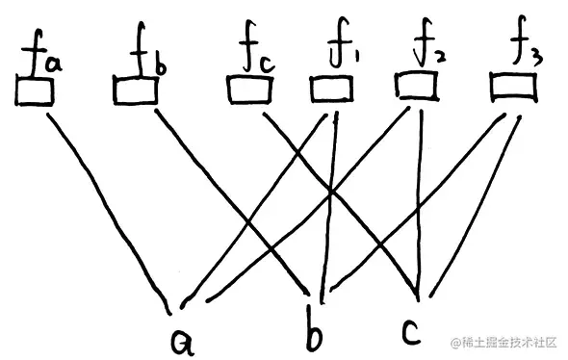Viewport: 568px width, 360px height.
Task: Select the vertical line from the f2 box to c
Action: [420, 193]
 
